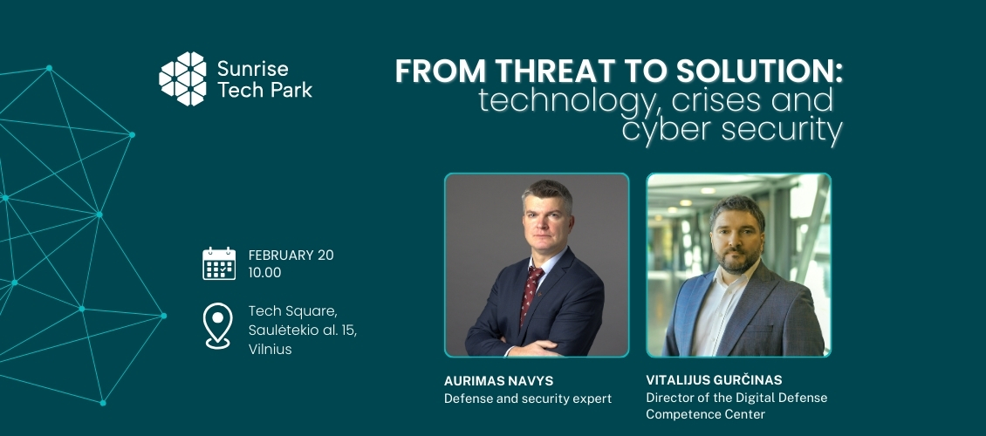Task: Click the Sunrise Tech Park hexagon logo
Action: (182, 78)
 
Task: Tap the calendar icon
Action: (219, 263)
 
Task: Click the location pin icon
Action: (218, 325)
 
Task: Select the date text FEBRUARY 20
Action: (291, 255)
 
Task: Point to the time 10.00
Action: (264, 273)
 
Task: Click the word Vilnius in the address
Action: (270, 350)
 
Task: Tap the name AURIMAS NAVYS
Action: (498, 381)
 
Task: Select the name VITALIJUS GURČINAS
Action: (715, 380)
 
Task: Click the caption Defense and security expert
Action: (528, 399)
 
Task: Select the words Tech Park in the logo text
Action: (264, 90)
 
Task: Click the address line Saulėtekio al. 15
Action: (303, 330)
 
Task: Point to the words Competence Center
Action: (706, 415)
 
